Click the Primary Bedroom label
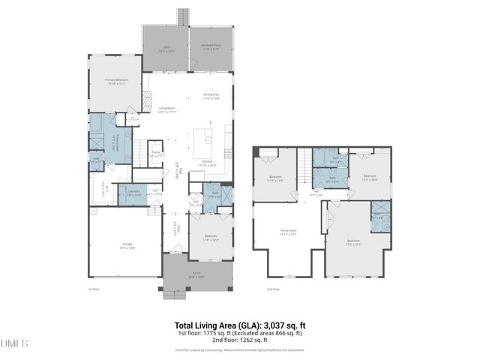click(x=116, y=81)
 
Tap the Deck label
click(x=166, y=50)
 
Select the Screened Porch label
click(x=210, y=50)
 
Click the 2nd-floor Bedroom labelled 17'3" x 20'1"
click(x=353, y=242)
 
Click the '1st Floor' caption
click(x=94, y=289)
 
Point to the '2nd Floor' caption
click(x=274, y=289)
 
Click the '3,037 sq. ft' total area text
click(x=281, y=325)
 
